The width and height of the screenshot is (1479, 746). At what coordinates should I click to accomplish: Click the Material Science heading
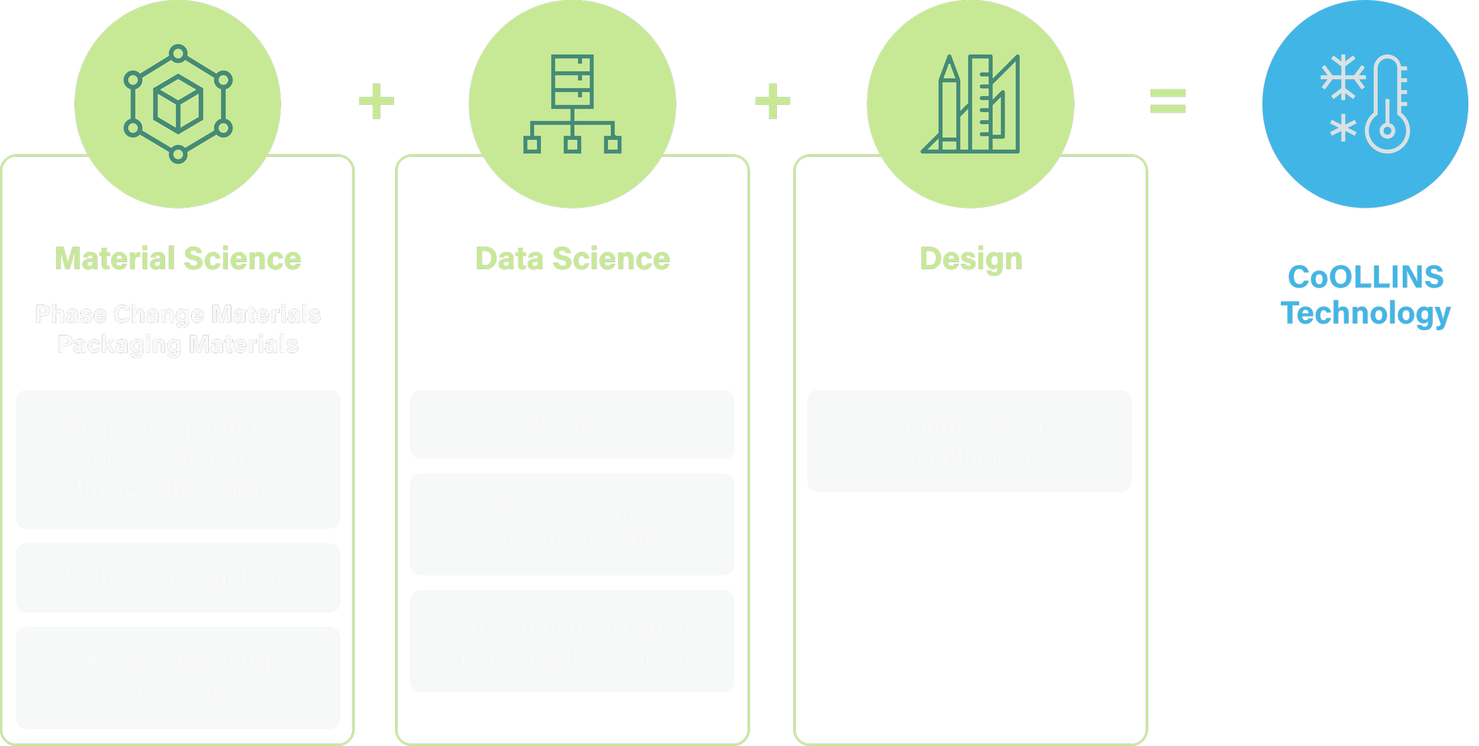point(178,259)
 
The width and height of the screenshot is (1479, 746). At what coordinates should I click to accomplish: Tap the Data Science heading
point(573,259)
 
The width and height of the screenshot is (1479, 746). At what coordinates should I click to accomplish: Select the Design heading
point(971,259)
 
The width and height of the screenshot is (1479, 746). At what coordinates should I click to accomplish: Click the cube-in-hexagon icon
point(178,104)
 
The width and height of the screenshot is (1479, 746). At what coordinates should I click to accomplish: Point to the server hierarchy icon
point(572,104)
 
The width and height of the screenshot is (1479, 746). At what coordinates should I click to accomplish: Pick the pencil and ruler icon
point(970,104)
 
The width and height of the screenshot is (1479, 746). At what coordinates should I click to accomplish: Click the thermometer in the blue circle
point(1387,104)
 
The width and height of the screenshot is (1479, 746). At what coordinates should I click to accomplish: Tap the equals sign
point(1168,101)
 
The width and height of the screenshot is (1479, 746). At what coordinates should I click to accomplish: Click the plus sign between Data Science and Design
point(772,101)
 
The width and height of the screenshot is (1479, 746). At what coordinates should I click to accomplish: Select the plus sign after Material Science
point(377,101)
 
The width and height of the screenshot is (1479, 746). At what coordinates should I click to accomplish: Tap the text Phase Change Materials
point(178,314)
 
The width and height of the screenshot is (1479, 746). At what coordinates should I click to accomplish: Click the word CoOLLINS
point(1365,277)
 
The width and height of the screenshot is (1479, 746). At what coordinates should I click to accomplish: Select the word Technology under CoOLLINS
point(1365,314)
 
